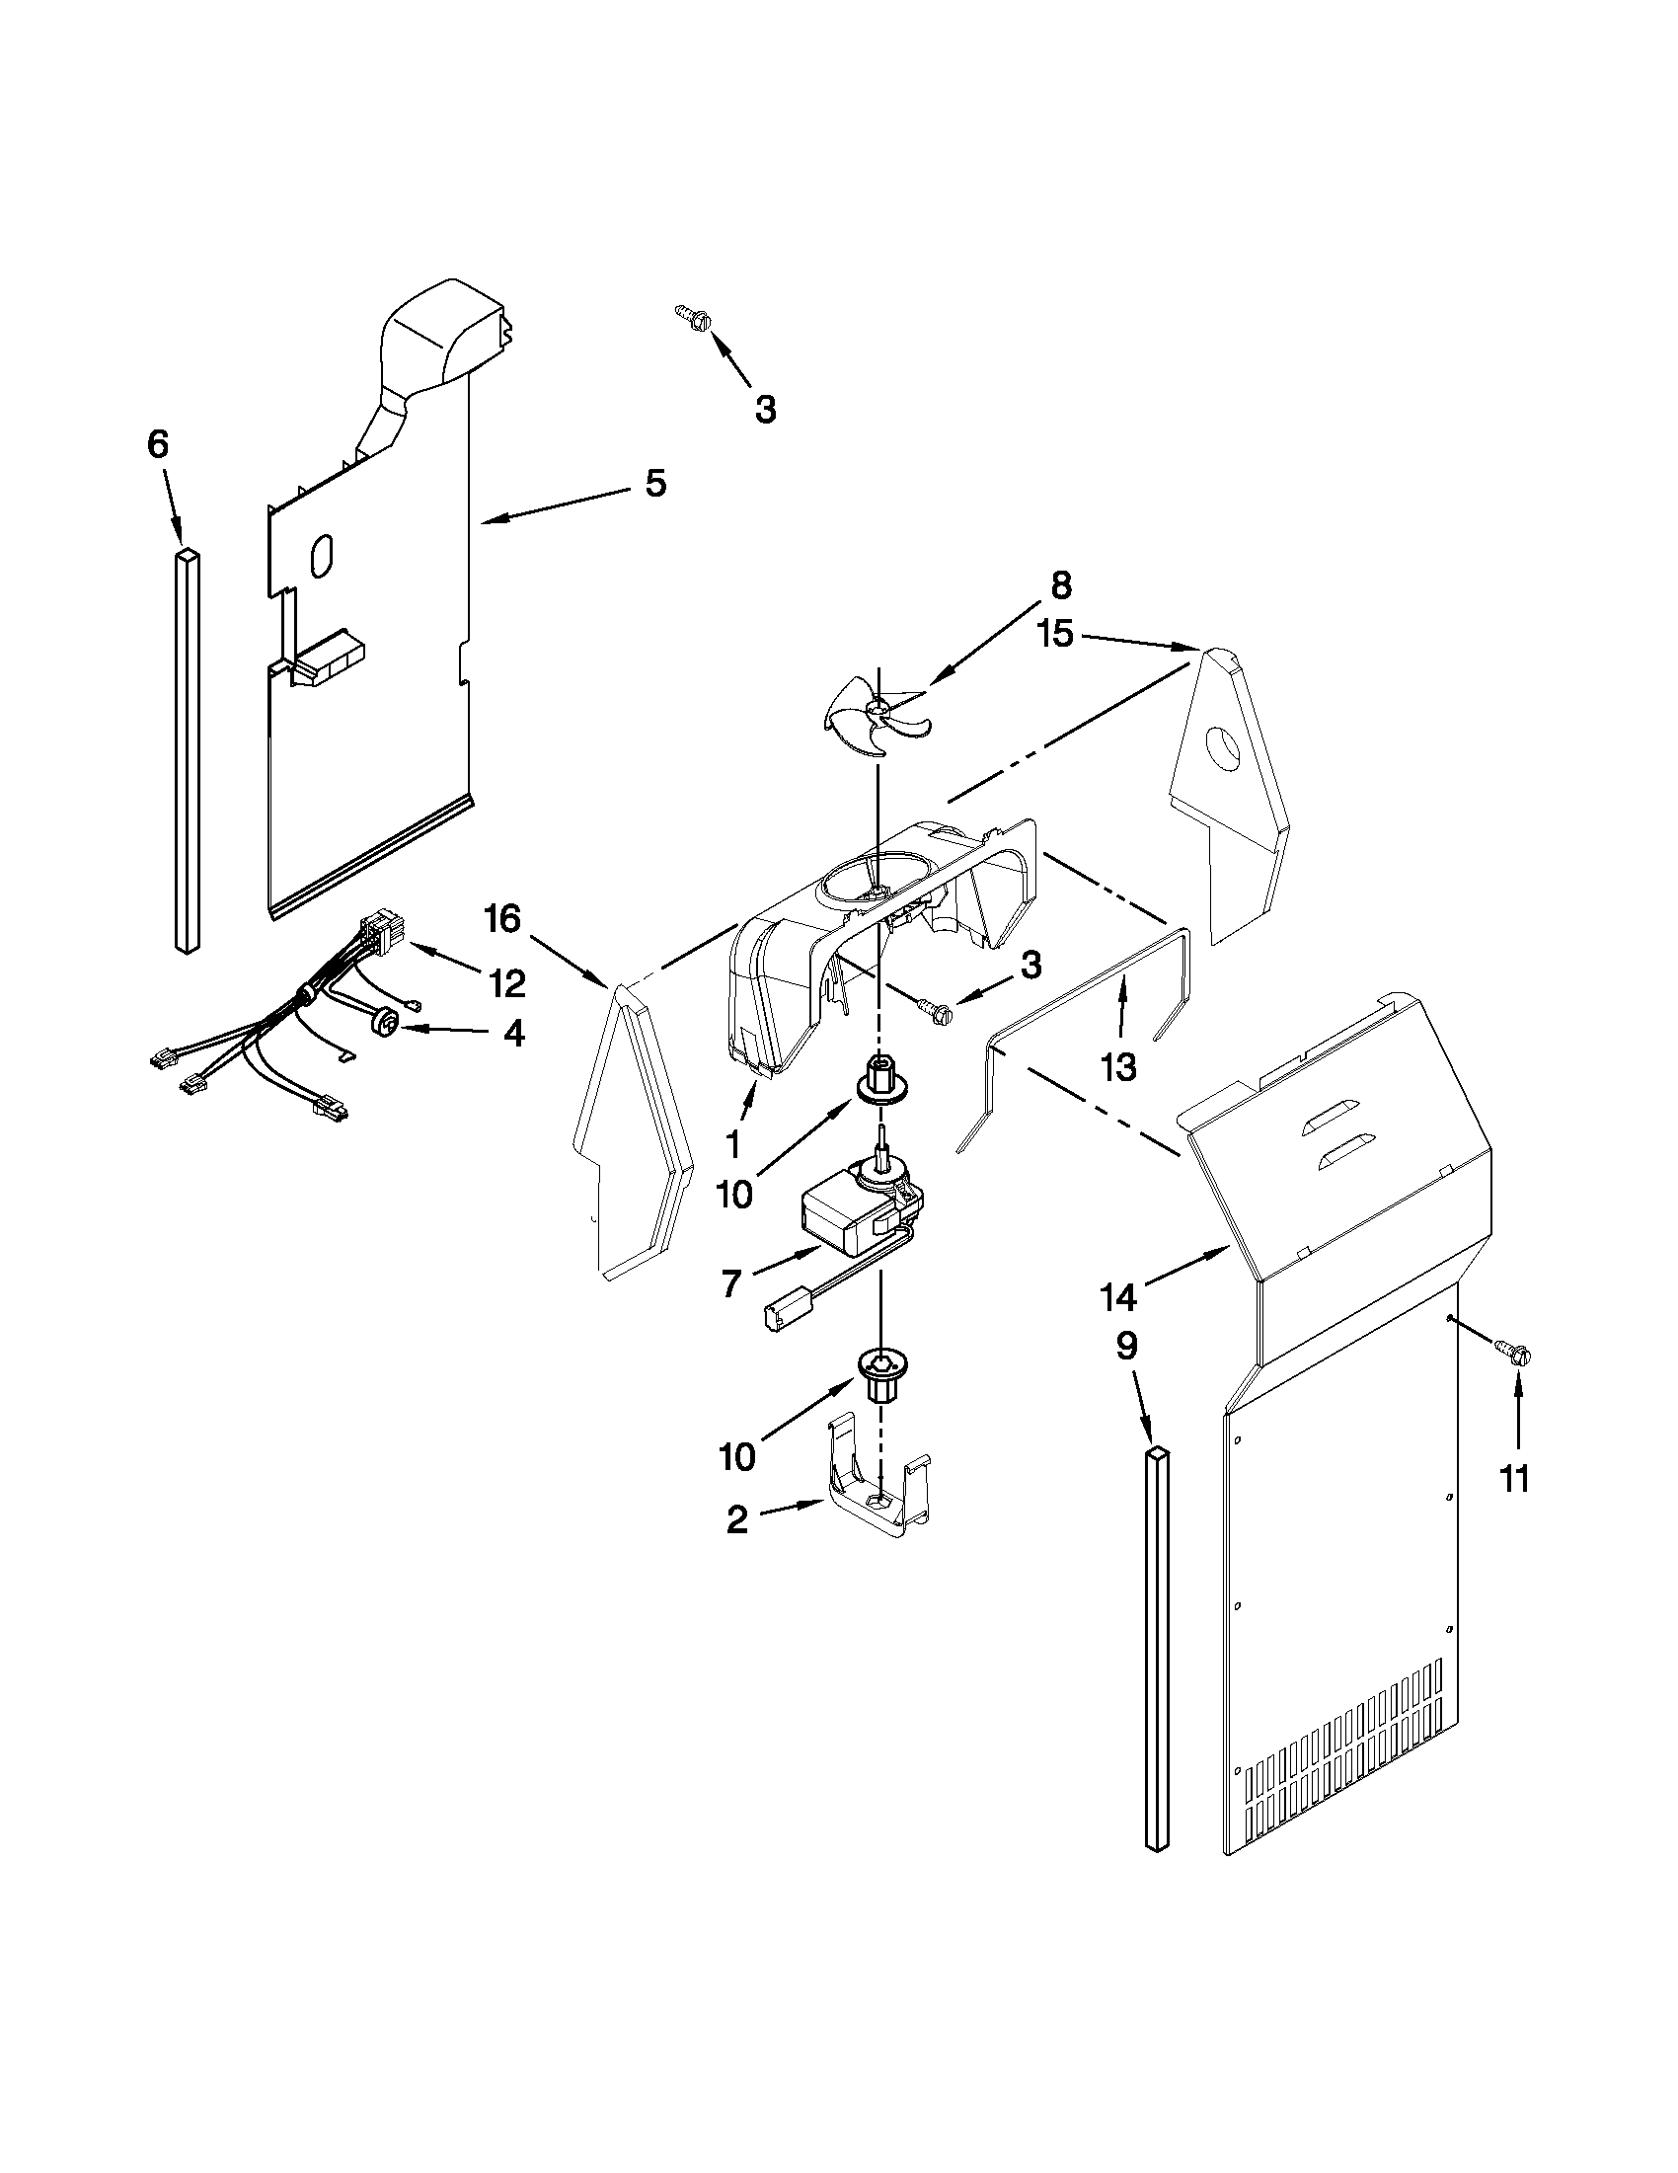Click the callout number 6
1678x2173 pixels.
tap(158, 443)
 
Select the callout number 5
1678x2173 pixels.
tap(654, 484)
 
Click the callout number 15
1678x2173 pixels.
tap(1056, 634)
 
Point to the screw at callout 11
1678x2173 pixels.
tap(1519, 1353)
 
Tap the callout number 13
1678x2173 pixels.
tap(1118, 1067)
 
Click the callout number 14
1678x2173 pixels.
tap(1118, 1296)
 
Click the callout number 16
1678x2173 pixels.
tap(502, 918)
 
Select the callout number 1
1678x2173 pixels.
tap(733, 1145)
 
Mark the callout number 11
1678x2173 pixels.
tap(1514, 1479)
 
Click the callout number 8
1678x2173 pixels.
tap(1061, 586)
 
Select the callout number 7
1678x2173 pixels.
tap(731, 1284)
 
